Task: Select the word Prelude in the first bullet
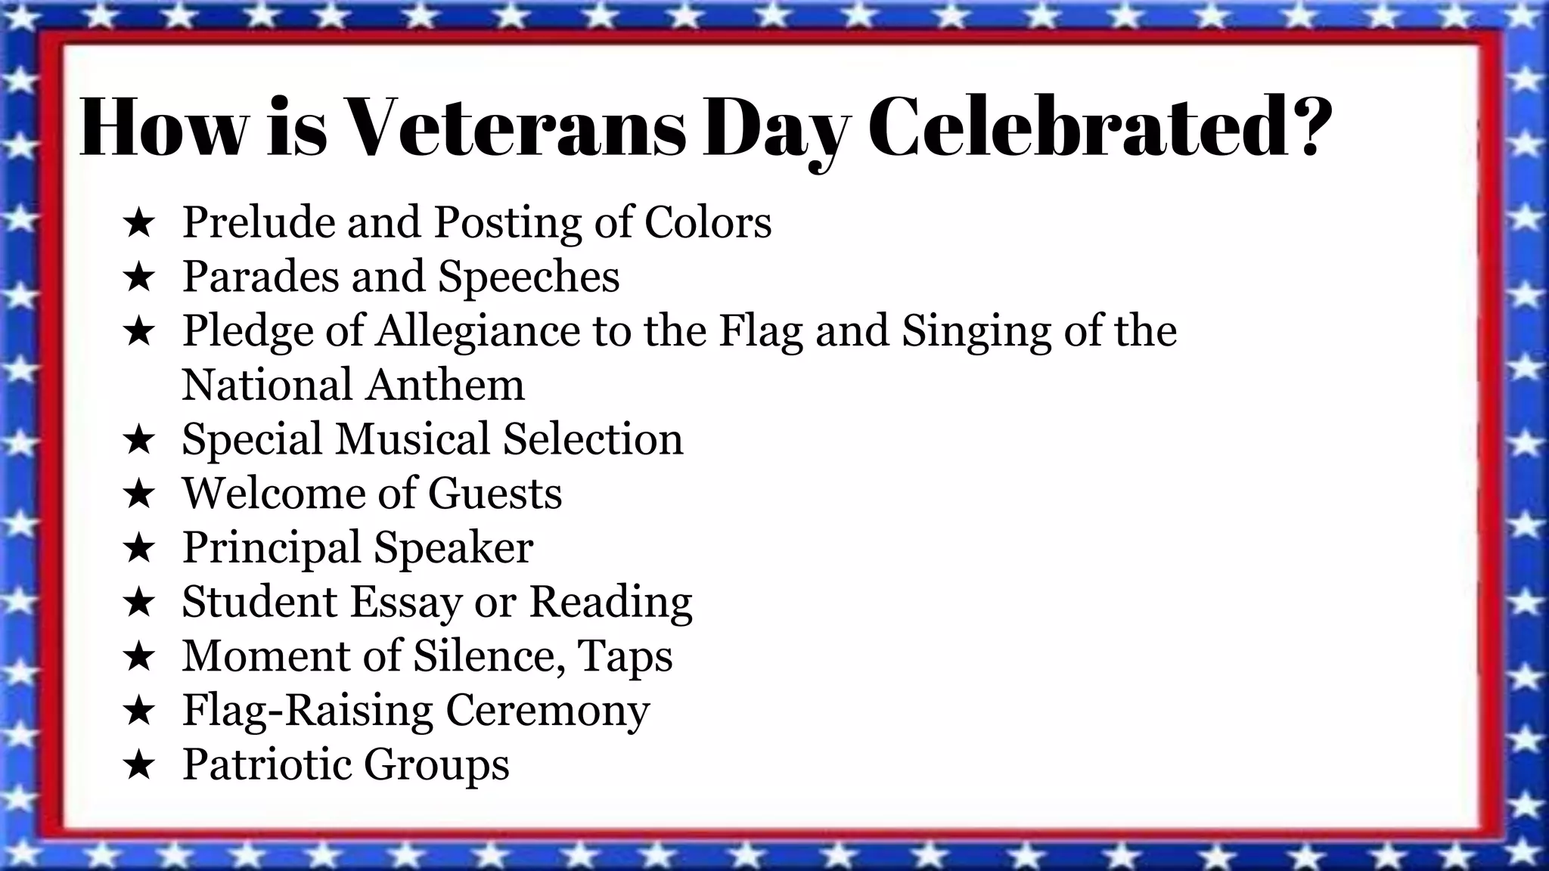coord(258,222)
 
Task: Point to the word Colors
coord(708,222)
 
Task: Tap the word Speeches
coord(529,277)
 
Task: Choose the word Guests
coord(495,494)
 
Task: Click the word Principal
coord(272,548)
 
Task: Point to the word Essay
coord(405,603)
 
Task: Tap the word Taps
coord(625,656)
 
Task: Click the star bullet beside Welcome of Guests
coord(138,494)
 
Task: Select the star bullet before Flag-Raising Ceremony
coord(138,711)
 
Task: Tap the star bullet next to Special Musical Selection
coord(138,440)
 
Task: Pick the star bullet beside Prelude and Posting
coord(138,223)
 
